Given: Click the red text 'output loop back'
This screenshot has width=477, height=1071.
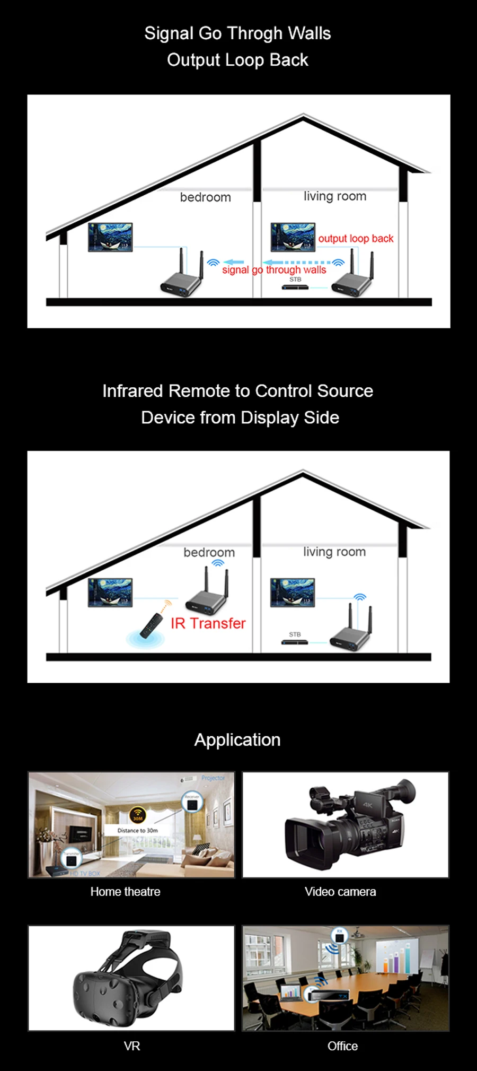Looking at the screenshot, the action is [x=356, y=239].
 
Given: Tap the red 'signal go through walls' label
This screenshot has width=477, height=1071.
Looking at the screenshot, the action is [x=274, y=270].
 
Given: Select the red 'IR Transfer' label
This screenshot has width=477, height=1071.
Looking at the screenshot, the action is [x=208, y=623].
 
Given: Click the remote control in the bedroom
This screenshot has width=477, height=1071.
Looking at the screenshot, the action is [x=152, y=625].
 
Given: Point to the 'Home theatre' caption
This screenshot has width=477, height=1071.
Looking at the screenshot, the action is [x=125, y=892].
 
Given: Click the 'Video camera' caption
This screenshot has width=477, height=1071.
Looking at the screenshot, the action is [x=340, y=892].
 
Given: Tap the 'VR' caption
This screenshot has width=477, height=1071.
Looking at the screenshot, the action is [x=132, y=1046].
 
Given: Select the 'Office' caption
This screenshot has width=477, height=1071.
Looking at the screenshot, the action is [x=342, y=1046].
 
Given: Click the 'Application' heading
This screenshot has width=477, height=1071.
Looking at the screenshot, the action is [x=237, y=740].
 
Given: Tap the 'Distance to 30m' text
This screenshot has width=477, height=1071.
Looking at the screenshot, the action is [x=137, y=831].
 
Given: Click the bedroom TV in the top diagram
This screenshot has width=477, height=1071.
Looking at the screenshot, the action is [x=110, y=237].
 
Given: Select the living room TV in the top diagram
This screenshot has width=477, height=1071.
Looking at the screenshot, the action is [x=293, y=237].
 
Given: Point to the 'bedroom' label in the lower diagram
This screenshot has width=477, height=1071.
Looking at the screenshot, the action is [x=209, y=552].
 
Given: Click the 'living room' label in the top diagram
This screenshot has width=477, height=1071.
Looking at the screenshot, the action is [x=334, y=196].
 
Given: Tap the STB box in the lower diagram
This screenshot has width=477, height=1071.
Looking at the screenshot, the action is [x=295, y=642].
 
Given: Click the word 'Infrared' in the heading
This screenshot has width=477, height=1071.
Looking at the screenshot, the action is [x=132, y=391].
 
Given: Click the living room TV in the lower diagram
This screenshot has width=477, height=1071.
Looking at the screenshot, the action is [x=293, y=592].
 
